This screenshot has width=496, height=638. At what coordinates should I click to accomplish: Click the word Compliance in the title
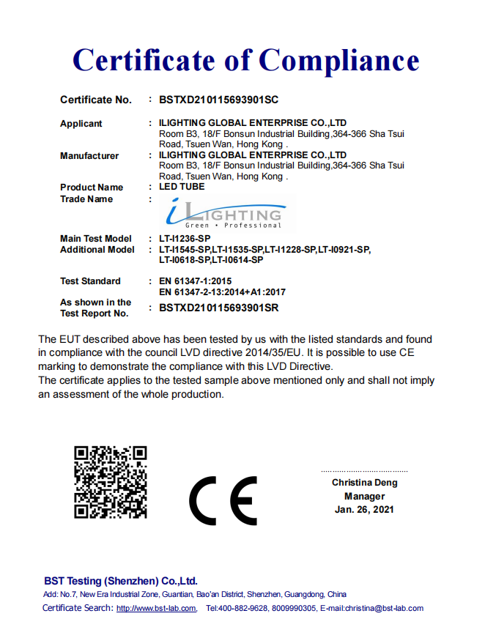[x=339, y=60]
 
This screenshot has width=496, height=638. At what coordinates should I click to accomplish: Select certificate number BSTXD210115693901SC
[x=218, y=100]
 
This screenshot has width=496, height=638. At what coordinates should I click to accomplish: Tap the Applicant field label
[x=81, y=124]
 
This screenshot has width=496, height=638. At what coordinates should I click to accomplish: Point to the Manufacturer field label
[x=89, y=155]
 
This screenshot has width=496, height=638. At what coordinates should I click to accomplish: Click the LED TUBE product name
[x=182, y=187]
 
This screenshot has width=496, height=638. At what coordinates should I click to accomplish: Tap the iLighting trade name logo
[x=223, y=214]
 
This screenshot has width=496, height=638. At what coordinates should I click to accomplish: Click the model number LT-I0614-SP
[x=237, y=260]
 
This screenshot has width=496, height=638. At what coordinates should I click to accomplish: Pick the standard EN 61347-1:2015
[x=195, y=281]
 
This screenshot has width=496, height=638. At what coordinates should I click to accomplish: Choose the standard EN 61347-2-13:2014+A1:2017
[x=222, y=292]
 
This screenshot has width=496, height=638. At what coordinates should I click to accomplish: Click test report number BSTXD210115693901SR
[x=218, y=308]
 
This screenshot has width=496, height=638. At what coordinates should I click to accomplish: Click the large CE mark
[x=223, y=501]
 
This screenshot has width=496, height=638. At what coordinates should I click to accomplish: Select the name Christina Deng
[x=364, y=483]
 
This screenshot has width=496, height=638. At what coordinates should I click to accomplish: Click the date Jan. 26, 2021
[x=364, y=509]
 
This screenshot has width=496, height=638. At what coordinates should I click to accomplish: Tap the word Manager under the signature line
[x=364, y=496]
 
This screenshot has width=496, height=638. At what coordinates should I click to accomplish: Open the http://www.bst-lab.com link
[x=156, y=608]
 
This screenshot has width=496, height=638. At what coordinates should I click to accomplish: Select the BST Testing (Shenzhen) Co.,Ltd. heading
[x=120, y=581]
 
